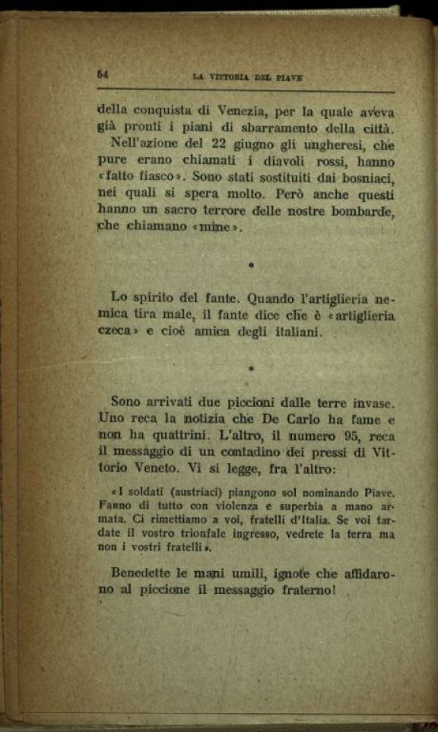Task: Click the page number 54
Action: point(103,74)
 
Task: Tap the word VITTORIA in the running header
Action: point(230,77)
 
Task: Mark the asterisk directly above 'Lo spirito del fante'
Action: point(250,267)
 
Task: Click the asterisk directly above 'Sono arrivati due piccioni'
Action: point(250,369)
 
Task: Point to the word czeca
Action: point(119,333)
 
